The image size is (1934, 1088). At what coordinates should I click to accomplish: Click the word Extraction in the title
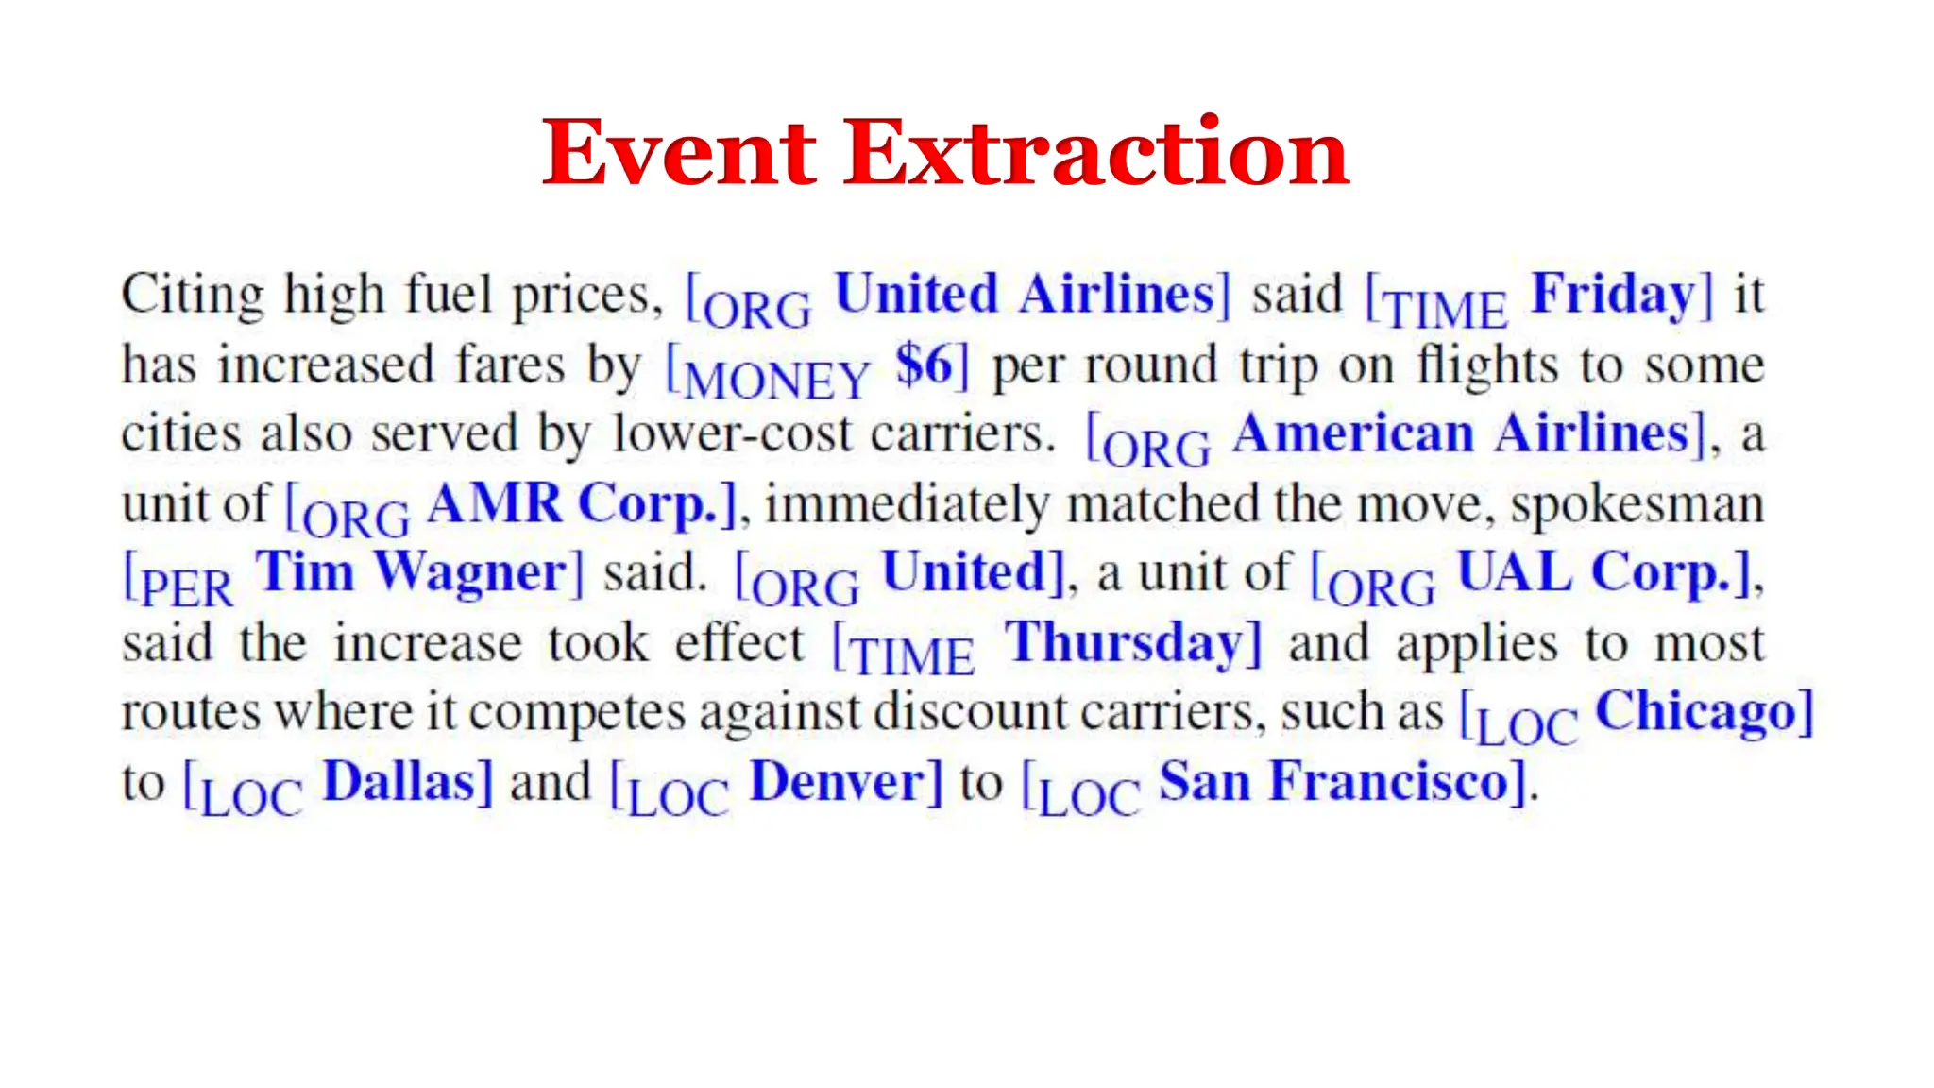[1096, 153]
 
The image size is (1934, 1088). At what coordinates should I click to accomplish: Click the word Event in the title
[679, 153]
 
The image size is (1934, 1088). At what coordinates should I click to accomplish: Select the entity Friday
[1613, 294]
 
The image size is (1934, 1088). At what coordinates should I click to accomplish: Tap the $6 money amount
[925, 365]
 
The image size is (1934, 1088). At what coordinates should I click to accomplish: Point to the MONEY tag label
[775, 381]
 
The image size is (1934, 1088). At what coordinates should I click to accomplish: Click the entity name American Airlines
[1460, 433]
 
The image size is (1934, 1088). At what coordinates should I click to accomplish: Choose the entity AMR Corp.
[572, 503]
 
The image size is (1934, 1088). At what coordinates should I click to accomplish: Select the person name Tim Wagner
[411, 573]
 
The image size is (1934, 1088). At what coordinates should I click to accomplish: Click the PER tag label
[186, 588]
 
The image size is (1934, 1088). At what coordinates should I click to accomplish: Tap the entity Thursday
[1125, 644]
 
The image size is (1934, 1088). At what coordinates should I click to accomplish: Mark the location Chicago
[1695, 712]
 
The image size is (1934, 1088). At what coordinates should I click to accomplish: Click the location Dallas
[399, 782]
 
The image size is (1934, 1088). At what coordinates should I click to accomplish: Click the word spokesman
[1637, 504]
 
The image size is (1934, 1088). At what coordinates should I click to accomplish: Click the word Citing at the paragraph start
[193, 295]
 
